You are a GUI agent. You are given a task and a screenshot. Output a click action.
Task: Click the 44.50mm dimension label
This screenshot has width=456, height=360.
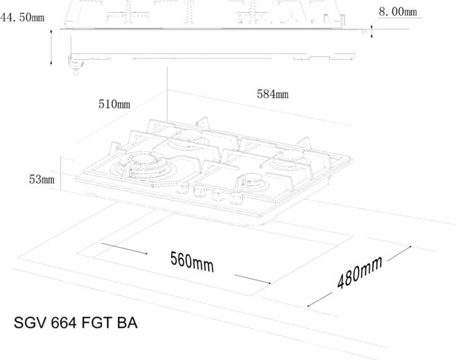(x=22, y=17)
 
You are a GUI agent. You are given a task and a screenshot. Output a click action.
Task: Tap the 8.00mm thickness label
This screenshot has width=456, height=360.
(x=397, y=12)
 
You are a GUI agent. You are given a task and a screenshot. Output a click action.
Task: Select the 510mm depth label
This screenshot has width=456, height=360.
(x=114, y=104)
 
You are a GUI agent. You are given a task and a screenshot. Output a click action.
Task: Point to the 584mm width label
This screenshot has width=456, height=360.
(x=273, y=94)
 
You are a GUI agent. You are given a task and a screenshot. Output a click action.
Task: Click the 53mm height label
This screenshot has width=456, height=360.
(x=42, y=179)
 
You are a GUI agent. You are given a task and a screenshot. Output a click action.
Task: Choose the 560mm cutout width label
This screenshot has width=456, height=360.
(x=192, y=262)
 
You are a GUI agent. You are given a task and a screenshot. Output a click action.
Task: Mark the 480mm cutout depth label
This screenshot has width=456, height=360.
(x=359, y=273)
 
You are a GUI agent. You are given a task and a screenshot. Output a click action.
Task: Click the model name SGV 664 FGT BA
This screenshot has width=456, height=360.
(x=75, y=323)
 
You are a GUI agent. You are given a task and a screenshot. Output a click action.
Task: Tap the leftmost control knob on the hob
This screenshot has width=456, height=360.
(x=182, y=188)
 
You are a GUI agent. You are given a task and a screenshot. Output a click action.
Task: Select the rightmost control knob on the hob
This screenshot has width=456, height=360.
(x=236, y=198)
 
